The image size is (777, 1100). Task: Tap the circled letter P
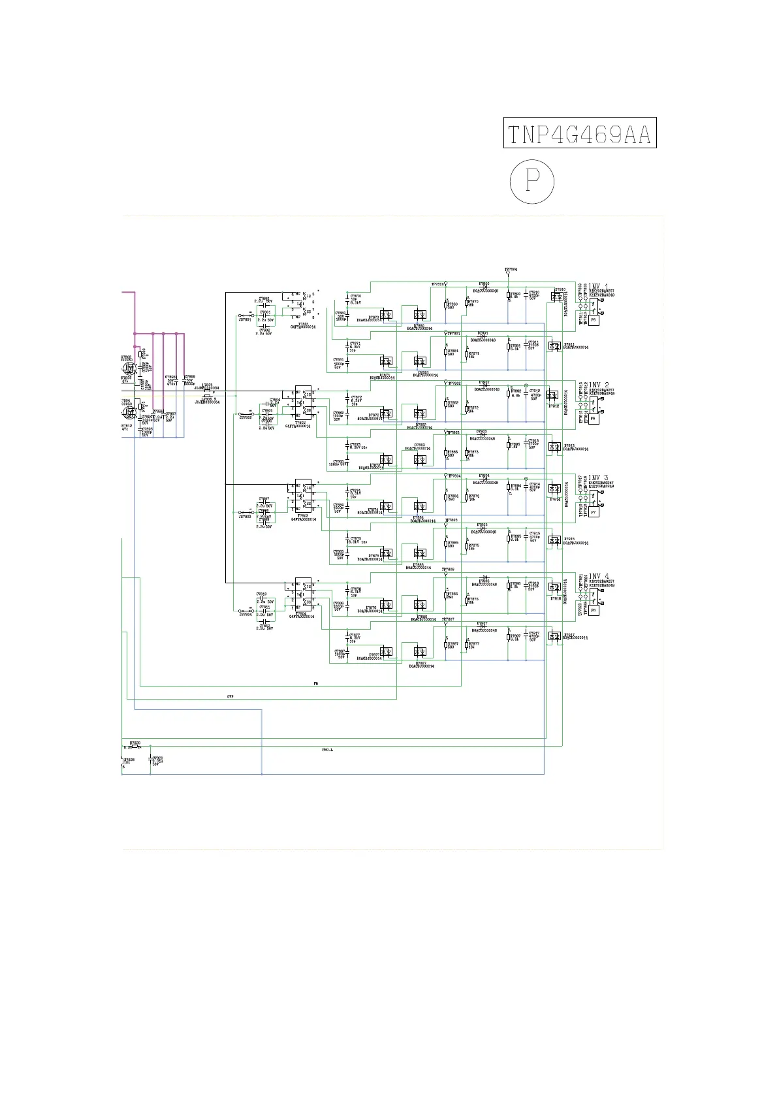coord(531,181)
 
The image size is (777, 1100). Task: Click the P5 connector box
coord(594,320)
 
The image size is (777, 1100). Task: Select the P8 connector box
coord(594,610)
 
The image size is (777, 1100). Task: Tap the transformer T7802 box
coord(302,403)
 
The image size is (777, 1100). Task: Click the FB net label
coord(316,683)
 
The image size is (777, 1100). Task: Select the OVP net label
coord(230,697)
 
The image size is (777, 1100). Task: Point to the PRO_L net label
coord(327,750)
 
